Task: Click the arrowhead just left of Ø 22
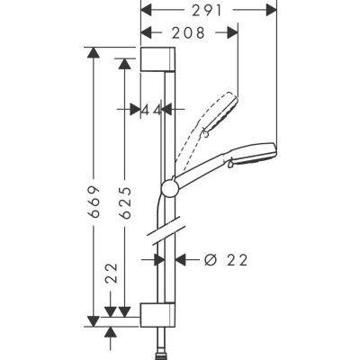click(x=179, y=259)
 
